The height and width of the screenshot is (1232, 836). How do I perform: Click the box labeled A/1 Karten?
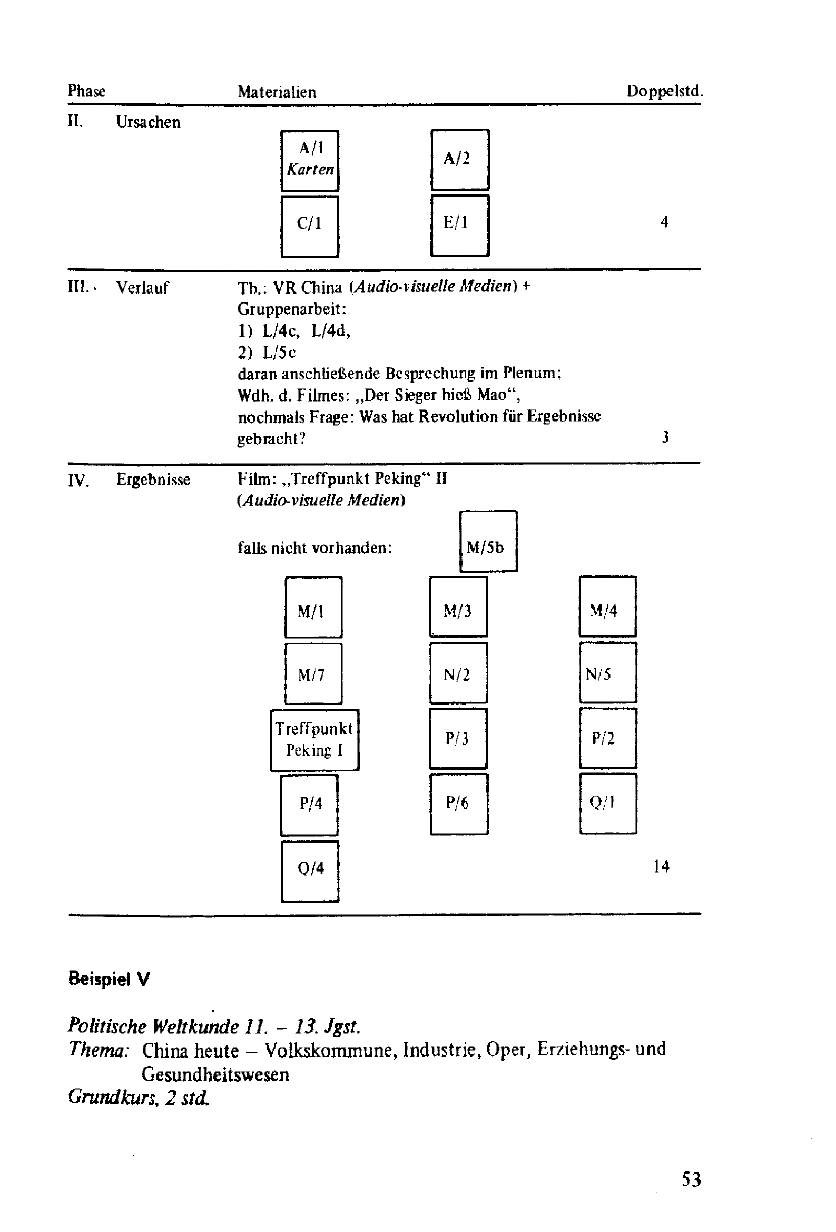[x=310, y=160]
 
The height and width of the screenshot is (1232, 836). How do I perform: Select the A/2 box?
[x=459, y=159]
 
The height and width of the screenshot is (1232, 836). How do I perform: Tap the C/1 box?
[x=310, y=226]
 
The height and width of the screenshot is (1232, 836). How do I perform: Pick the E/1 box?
[x=459, y=226]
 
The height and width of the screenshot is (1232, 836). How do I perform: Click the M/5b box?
[x=488, y=541]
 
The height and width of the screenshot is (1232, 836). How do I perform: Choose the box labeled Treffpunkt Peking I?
[x=314, y=739]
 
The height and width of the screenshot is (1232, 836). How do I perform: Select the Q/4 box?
[x=310, y=871]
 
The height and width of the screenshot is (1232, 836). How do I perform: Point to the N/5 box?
[x=607, y=673]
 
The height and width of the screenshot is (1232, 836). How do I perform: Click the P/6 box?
[x=458, y=804]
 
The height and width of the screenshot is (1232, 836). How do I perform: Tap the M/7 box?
[x=313, y=673]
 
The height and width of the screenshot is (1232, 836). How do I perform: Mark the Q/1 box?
[x=607, y=803]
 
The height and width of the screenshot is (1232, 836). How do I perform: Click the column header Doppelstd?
[x=664, y=91]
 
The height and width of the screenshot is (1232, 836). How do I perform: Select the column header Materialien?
[x=277, y=92]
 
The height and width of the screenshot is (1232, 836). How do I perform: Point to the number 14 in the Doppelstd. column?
[x=661, y=866]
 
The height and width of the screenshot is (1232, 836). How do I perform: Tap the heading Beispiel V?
[x=109, y=979]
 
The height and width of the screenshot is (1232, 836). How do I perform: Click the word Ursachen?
[x=148, y=122]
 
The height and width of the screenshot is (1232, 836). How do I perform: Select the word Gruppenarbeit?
[x=290, y=309]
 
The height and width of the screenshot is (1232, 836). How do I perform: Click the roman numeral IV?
[x=78, y=480]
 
